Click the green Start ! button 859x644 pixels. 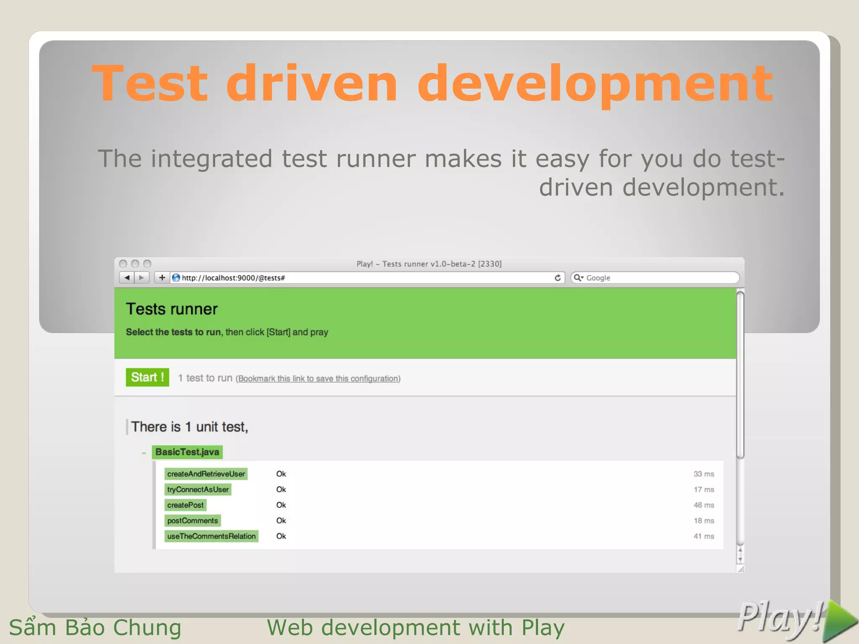click(147, 377)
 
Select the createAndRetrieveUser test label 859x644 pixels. click(206, 474)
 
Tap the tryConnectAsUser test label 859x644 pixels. click(198, 489)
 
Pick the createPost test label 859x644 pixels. click(185, 505)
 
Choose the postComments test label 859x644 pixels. click(193, 521)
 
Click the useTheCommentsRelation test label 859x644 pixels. click(211, 536)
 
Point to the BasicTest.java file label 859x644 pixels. click(187, 452)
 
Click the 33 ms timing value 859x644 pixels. click(703, 474)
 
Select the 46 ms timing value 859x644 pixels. click(703, 505)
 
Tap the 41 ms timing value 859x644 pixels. click(703, 536)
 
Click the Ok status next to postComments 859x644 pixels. click(281, 521)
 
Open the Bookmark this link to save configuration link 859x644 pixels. click(318, 379)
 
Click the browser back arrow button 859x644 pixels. click(127, 278)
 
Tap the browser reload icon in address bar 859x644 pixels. click(557, 278)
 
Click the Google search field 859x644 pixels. click(659, 278)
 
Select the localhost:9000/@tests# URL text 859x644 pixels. click(233, 278)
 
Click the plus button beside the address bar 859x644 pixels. click(162, 278)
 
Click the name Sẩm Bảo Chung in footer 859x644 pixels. click(95, 628)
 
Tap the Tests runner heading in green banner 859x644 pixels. click(172, 309)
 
